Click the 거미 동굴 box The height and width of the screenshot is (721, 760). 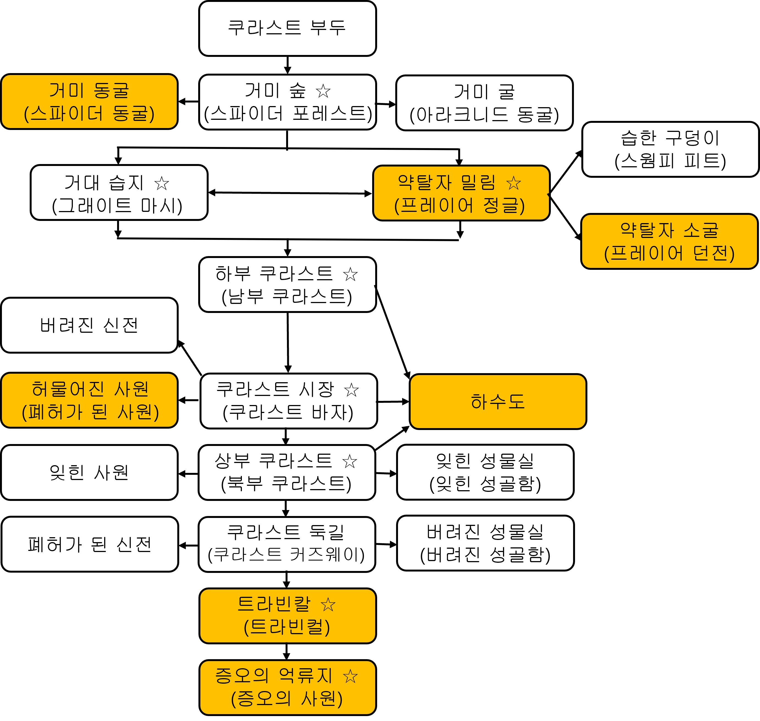point(89,101)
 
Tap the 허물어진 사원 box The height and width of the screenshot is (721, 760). point(89,400)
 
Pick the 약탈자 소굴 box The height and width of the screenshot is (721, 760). point(669,241)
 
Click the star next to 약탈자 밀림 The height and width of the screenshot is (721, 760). point(514,183)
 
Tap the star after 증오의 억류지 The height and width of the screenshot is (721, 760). point(350,676)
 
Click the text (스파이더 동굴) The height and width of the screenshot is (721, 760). point(89,114)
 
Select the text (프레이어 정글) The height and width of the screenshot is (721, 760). point(460,206)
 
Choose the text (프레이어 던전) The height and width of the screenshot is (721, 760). point(669,254)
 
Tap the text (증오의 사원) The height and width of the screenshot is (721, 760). point(287,699)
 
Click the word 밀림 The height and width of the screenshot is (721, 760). point(478,182)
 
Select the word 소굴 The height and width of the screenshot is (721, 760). point(700,230)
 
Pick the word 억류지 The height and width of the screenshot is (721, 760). point(305,676)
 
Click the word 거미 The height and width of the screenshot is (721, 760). point(66,91)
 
